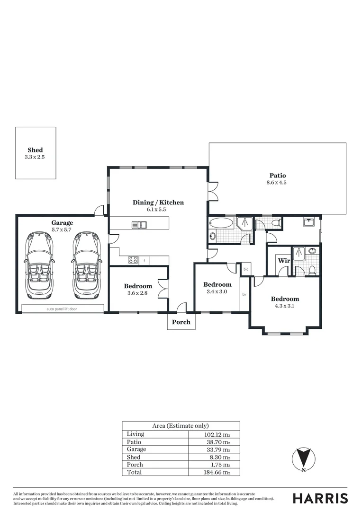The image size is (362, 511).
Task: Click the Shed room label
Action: [x=35, y=150]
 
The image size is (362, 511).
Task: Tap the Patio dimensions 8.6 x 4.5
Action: [x=278, y=182]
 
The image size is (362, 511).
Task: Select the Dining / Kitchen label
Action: [x=158, y=203]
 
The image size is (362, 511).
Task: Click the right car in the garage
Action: [x=86, y=264]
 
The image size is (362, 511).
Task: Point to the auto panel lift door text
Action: [x=63, y=309]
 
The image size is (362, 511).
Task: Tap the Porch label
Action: [x=181, y=322]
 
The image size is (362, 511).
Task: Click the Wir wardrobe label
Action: [x=284, y=261]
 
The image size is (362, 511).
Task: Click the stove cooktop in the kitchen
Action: [x=133, y=260]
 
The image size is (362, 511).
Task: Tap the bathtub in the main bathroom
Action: [x=221, y=222]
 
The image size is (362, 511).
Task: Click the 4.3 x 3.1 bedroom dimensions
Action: [x=285, y=306]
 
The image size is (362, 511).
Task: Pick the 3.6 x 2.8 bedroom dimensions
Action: [x=138, y=293]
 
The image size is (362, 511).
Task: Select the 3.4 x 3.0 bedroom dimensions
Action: [x=217, y=292]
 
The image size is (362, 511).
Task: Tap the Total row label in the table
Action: [x=134, y=472]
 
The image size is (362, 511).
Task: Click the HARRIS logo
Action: [x=320, y=498]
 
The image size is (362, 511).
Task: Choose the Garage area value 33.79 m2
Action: [x=219, y=449]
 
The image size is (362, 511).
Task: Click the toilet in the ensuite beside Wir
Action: [x=312, y=270]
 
